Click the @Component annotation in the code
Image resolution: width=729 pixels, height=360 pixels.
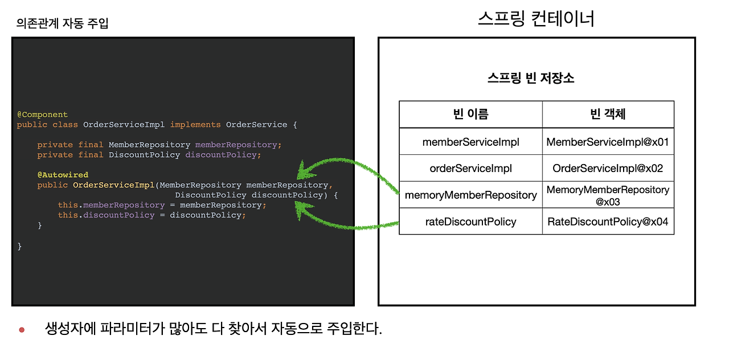(42, 114)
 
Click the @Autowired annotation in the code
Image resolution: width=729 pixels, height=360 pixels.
(63, 175)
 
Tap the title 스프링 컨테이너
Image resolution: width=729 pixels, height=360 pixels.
(536, 19)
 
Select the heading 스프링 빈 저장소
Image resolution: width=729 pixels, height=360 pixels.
(531, 79)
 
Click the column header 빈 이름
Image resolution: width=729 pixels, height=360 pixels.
(470, 114)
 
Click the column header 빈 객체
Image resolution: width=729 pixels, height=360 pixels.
(608, 114)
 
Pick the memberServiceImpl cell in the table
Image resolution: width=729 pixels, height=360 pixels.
(470, 142)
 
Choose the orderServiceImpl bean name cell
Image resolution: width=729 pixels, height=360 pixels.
(470, 168)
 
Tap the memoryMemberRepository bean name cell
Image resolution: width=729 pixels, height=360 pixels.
(470, 195)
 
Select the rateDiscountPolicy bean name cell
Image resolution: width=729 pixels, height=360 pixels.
(470, 222)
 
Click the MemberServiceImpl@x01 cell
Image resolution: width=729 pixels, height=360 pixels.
(608, 142)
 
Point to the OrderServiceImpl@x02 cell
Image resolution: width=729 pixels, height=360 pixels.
(608, 168)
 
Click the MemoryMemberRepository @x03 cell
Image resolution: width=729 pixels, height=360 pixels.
(608, 195)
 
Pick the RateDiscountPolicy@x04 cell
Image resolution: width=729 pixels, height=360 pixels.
(608, 222)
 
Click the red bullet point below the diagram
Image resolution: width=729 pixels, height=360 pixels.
(22, 330)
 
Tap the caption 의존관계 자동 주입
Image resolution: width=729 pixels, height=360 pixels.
(63, 23)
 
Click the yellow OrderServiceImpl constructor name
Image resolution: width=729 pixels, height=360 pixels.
(113, 185)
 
